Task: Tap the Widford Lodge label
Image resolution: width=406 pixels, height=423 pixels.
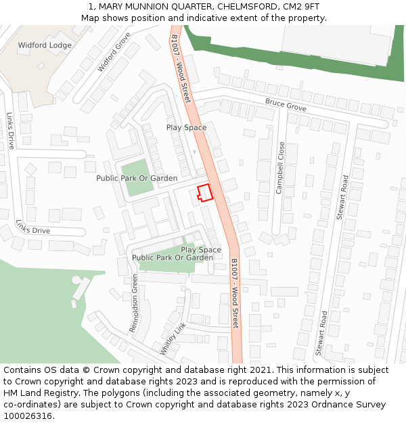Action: pos(45,45)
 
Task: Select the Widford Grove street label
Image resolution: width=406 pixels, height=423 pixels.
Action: pos(114,52)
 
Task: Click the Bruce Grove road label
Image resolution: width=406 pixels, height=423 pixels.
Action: pos(286,105)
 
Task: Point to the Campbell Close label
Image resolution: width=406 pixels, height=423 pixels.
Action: pos(279,168)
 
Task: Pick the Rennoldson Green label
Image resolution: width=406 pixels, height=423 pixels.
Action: pos(134,303)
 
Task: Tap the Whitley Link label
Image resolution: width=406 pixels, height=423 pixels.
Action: pos(173,339)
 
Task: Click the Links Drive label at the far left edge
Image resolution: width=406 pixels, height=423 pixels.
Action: pos(10,131)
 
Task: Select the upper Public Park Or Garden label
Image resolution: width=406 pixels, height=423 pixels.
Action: pos(137,178)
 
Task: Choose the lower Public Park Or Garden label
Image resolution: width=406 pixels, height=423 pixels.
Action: pos(173,258)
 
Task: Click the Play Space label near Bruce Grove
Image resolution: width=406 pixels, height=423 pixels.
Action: pos(186,127)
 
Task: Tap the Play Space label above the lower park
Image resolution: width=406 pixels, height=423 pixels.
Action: pos(200,250)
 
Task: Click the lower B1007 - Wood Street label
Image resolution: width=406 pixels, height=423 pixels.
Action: pos(235,293)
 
